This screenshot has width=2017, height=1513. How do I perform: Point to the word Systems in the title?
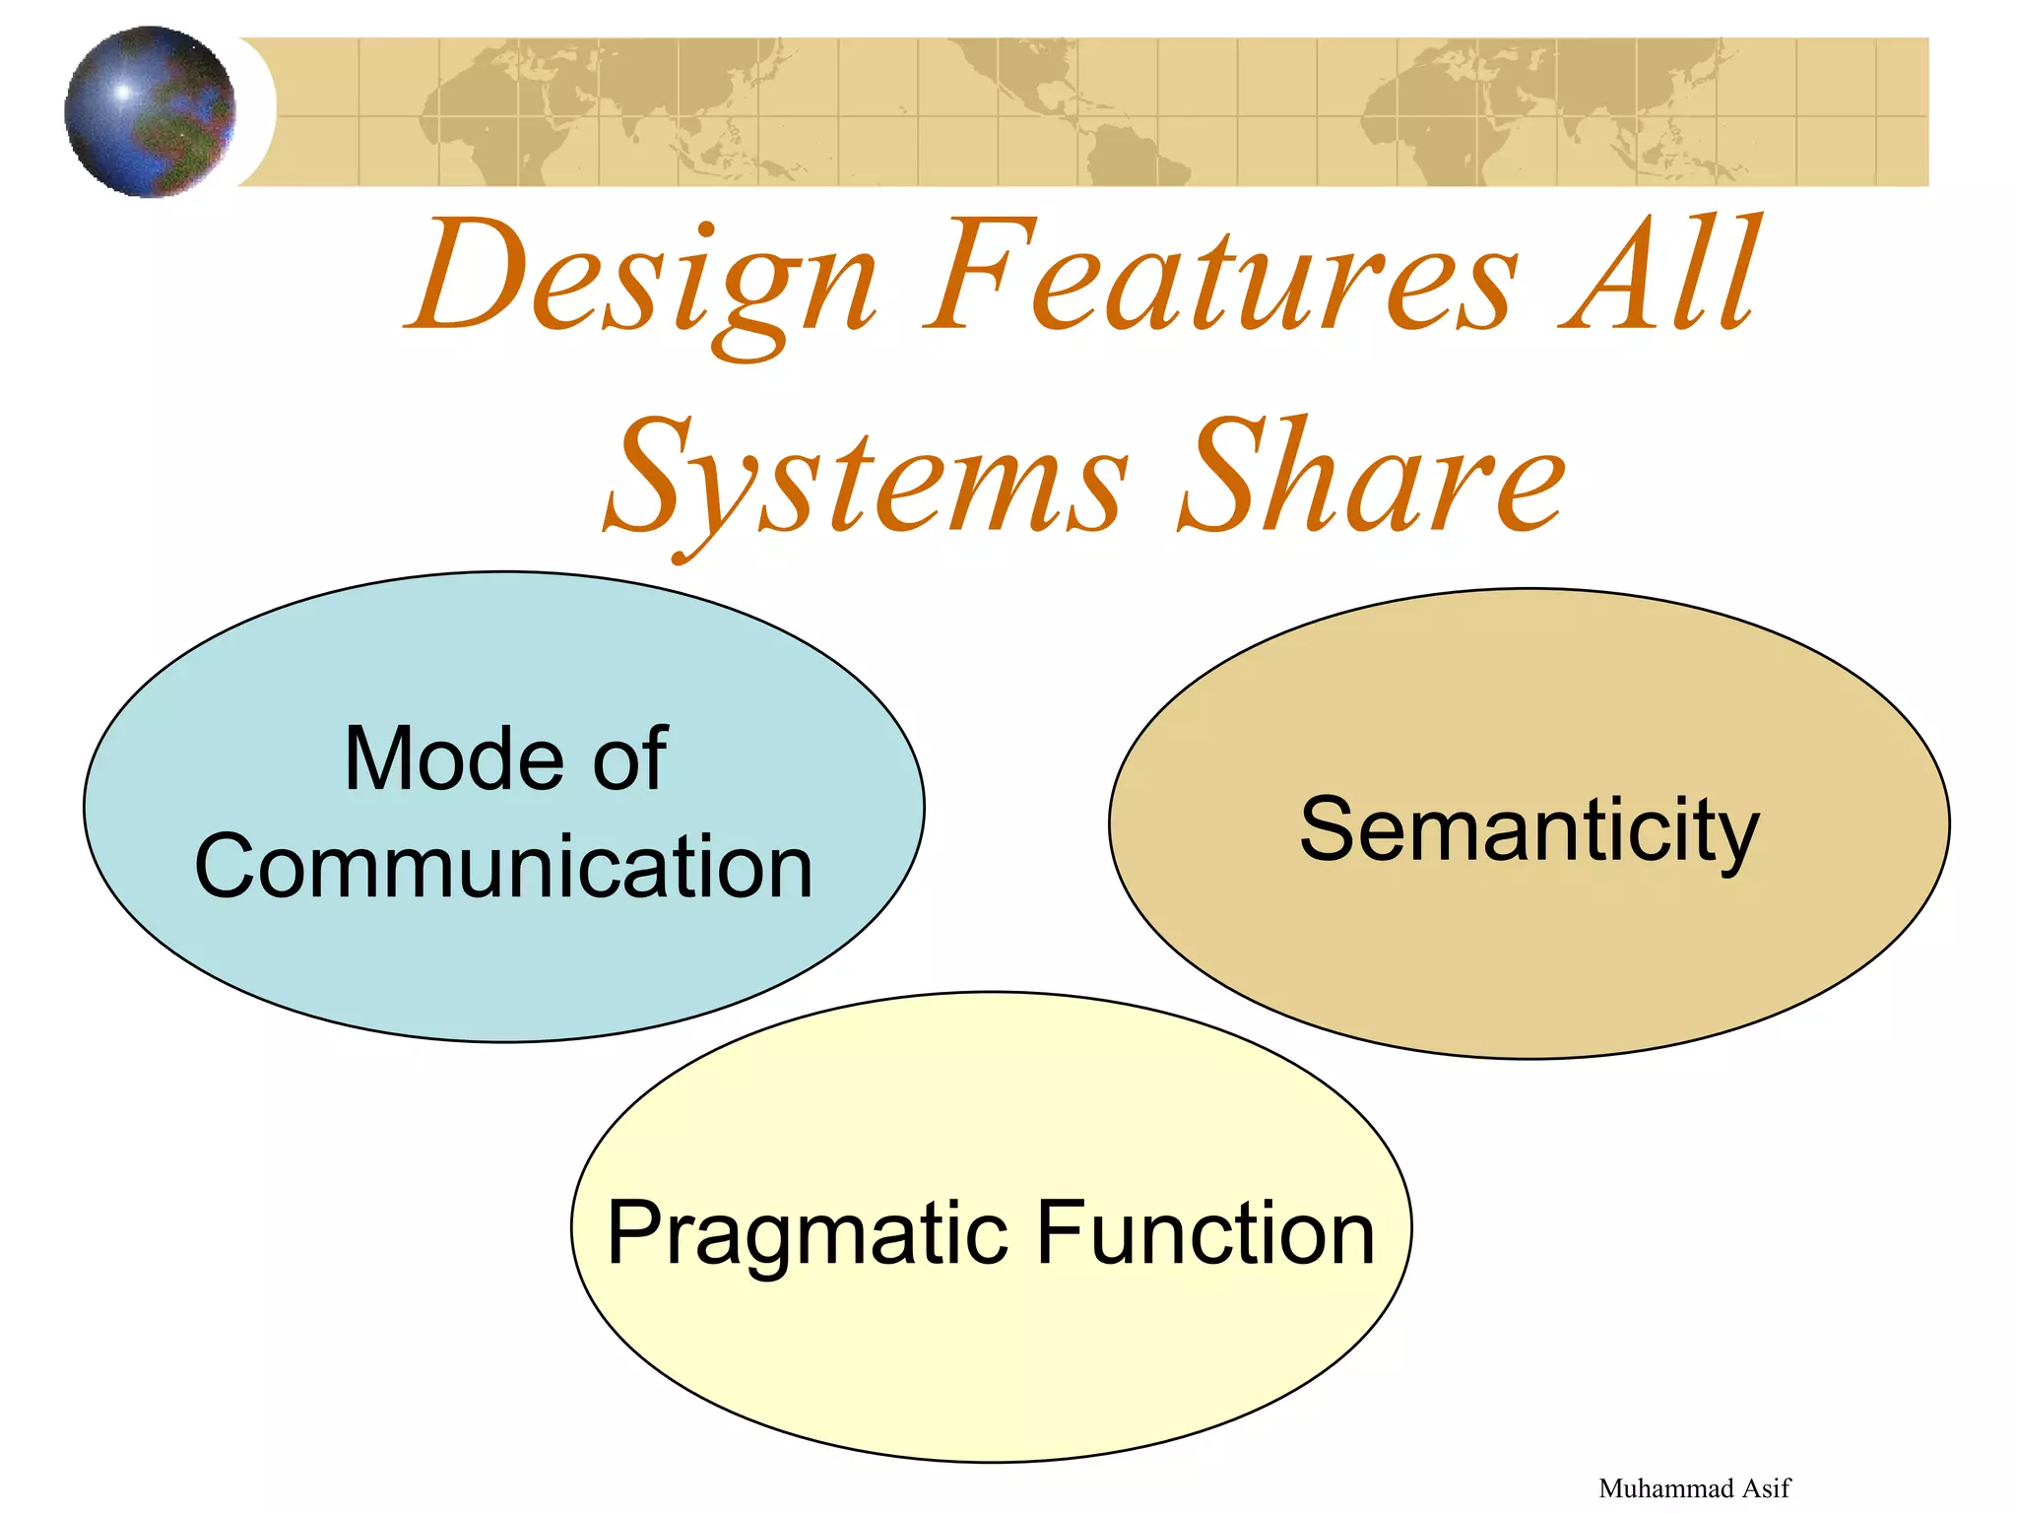(867, 478)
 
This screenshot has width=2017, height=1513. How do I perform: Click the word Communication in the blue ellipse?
(503, 866)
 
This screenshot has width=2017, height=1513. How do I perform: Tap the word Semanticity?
(1529, 829)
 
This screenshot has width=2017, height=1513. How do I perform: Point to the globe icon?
(150, 111)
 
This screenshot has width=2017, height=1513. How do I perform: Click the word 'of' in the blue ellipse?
(630, 758)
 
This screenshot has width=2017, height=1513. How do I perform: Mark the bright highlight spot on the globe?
(123, 93)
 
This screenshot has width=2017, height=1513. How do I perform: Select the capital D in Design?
(473, 276)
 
